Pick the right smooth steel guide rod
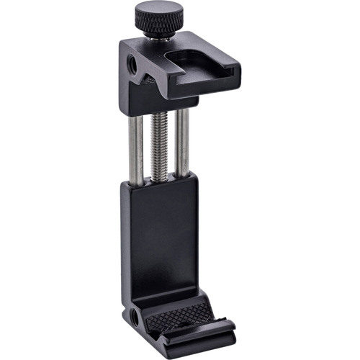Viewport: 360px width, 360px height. tap(184, 144)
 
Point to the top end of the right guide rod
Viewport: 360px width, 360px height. tap(184, 108)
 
